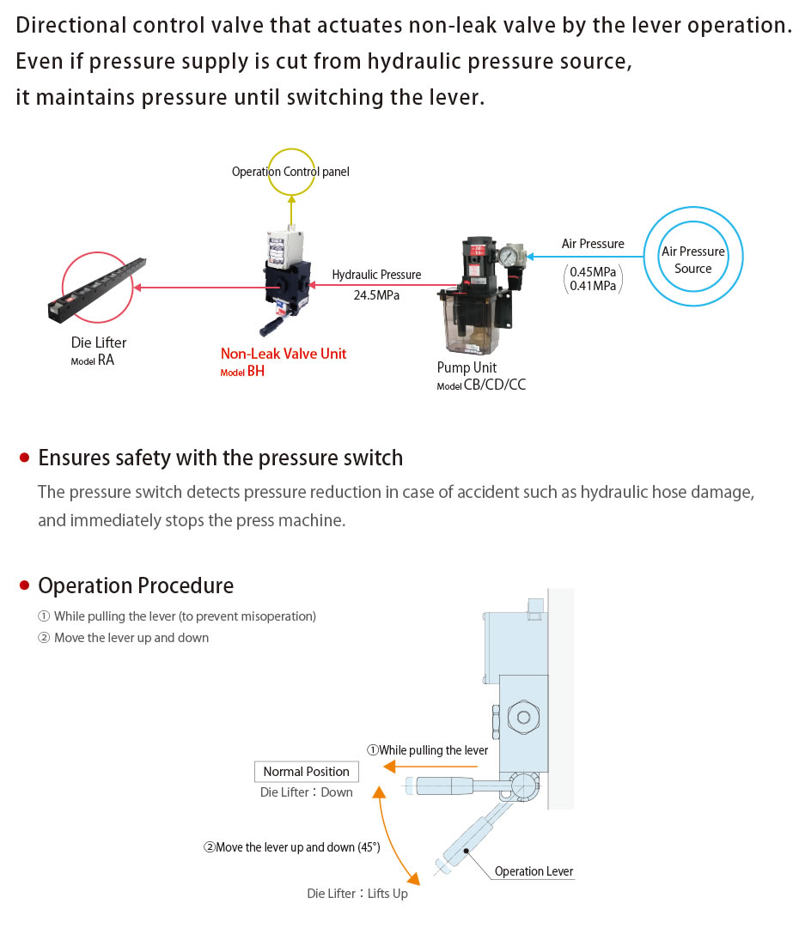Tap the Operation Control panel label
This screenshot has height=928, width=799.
[290, 172]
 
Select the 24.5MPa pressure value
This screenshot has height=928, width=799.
[376, 294]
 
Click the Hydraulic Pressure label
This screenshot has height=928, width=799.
[376, 275]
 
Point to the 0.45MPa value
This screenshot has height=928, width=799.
[593, 272]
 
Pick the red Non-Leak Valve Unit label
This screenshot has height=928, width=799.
[284, 354]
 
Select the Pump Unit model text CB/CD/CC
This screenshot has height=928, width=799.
[494, 385]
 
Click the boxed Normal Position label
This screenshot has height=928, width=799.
[306, 772]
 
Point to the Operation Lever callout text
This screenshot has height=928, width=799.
[534, 871]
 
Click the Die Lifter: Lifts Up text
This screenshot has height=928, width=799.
[357, 894]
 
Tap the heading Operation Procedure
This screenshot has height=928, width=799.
[136, 585]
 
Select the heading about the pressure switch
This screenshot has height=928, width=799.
[221, 458]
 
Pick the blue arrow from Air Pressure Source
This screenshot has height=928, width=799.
[584, 255]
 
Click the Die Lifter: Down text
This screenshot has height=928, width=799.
[307, 792]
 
